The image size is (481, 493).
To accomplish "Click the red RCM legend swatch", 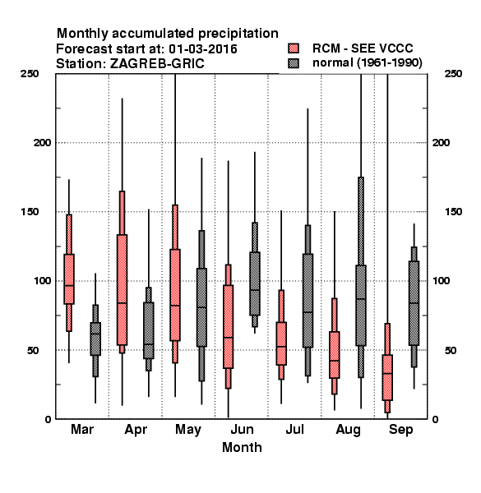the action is (294, 48).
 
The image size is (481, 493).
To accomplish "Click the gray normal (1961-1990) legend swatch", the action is (294, 63).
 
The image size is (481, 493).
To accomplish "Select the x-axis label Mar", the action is (82, 429).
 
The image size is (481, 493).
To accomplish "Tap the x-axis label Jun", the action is (242, 429).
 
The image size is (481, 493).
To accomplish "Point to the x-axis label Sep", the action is (400, 430).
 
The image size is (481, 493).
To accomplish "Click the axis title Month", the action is (242, 448).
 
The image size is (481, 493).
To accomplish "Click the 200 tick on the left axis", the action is (42, 143).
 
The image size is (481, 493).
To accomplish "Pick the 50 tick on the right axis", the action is (451, 350).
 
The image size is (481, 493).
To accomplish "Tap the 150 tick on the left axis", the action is (30, 212).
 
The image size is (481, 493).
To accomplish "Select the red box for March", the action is (69, 279).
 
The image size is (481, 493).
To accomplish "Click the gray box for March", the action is (95, 339).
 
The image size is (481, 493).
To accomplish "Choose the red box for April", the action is (122, 289).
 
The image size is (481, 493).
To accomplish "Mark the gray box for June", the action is (255, 283).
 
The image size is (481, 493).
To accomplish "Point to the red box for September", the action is (387, 377).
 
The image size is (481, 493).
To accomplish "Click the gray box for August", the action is (361, 306).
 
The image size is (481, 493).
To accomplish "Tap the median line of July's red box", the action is (281, 347).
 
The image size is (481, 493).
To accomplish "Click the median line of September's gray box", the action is (414, 302).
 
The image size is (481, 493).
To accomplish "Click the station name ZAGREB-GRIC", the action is (157, 64).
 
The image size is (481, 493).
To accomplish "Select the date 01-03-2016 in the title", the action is (203, 49).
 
